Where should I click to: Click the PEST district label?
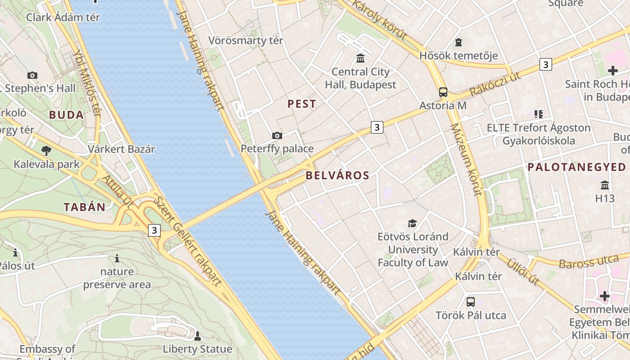[x=301, y=104]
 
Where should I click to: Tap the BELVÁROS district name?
[x=337, y=175]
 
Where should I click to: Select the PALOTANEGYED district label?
[x=576, y=167]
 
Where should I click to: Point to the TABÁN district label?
[x=84, y=207]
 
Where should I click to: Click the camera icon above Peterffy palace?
[x=277, y=135]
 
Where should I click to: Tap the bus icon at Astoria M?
[x=443, y=92]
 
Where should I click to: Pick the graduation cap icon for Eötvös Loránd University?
[x=412, y=223]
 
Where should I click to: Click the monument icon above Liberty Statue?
[x=197, y=336]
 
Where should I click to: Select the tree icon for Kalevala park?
[x=46, y=151]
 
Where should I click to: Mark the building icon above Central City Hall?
[x=360, y=58]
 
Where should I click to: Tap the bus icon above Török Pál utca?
[x=470, y=301]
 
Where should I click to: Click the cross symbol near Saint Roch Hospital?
[x=612, y=71]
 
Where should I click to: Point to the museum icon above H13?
[x=605, y=185]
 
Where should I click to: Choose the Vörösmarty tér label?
[x=246, y=40]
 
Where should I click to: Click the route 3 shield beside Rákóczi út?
[x=545, y=64]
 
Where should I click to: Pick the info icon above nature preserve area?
[x=117, y=258]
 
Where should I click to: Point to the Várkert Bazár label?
[x=121, y=149]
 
